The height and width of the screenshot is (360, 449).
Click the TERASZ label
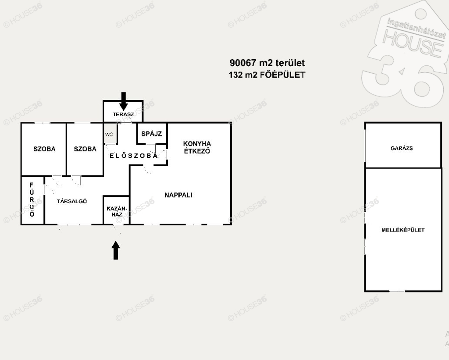point(123,114)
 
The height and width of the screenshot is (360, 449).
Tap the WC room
point(110,133)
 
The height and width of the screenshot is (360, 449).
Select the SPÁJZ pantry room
point(152,133)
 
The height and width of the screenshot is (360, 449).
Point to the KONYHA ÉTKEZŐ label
point(197,147)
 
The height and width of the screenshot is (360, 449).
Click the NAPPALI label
point(178,195)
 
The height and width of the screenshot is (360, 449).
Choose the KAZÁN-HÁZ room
point(116,210)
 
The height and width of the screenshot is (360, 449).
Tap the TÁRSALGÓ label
point(72,201)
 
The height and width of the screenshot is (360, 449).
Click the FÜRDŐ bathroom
point(32,200)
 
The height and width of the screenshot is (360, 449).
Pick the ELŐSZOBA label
point(134,156)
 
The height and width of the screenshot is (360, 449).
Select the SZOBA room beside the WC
point(85,149)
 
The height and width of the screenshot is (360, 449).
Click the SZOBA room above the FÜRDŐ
point(44,149)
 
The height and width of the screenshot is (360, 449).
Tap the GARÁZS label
point(402,148)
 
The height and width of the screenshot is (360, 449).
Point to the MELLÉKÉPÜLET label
point(403,230)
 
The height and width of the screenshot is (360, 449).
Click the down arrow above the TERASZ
point(123,101)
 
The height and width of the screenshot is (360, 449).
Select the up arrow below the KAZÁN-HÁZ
point(116,250)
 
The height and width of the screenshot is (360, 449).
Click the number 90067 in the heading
point(242,63)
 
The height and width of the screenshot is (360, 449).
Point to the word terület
point(290,63)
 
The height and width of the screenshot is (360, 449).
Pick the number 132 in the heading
point(235,75)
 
